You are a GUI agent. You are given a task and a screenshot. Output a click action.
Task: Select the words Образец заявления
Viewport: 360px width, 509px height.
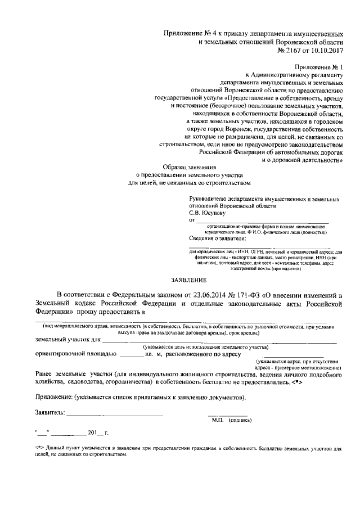tap(189, 167)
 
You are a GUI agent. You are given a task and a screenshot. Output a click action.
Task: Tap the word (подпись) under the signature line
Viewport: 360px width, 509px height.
tap(240, 420)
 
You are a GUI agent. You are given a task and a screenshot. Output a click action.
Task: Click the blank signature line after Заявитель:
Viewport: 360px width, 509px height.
tap(115, 415)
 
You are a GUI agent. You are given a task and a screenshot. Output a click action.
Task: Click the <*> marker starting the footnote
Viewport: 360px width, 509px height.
tap(38, 449)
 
